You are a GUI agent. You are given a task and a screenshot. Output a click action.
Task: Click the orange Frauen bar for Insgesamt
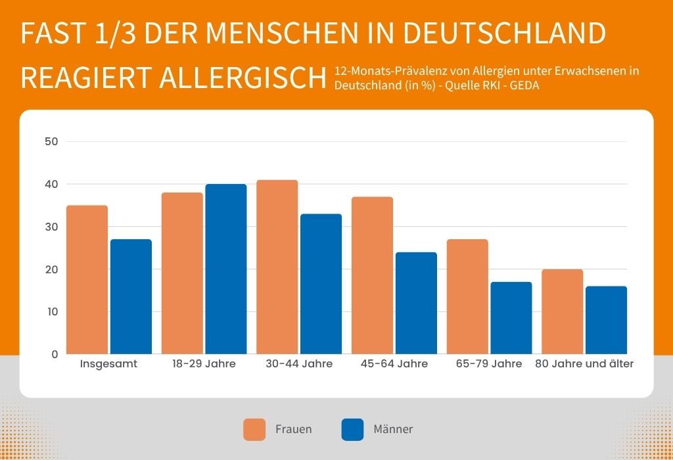click(87, 279)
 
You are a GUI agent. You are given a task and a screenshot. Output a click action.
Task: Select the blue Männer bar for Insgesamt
click(131, 296)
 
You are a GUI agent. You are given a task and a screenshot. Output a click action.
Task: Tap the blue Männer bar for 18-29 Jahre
click(225, 269)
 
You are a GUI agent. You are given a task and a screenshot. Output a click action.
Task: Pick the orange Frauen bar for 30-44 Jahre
click(277, 267)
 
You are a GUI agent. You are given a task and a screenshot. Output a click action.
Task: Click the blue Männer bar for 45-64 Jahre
click(415, 303)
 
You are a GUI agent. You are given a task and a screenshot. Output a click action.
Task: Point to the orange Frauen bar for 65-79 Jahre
click(467, 296)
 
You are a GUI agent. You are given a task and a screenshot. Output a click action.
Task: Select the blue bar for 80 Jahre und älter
click(606, 320)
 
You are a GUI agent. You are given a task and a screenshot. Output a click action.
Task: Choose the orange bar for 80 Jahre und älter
click(562, 311)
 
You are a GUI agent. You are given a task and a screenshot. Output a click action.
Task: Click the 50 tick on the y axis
click(52, 141)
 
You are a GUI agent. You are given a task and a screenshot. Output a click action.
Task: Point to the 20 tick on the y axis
click(52, 269)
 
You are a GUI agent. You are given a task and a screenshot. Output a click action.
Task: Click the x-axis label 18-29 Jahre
click(204, 363)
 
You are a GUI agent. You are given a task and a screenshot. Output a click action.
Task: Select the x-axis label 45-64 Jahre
click(394, 363)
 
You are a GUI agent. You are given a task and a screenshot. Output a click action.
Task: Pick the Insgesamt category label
click(108, 363)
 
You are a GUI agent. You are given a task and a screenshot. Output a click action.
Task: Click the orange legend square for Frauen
click(254, 429)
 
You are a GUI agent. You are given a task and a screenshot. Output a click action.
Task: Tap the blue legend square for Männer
click(352, 429)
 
